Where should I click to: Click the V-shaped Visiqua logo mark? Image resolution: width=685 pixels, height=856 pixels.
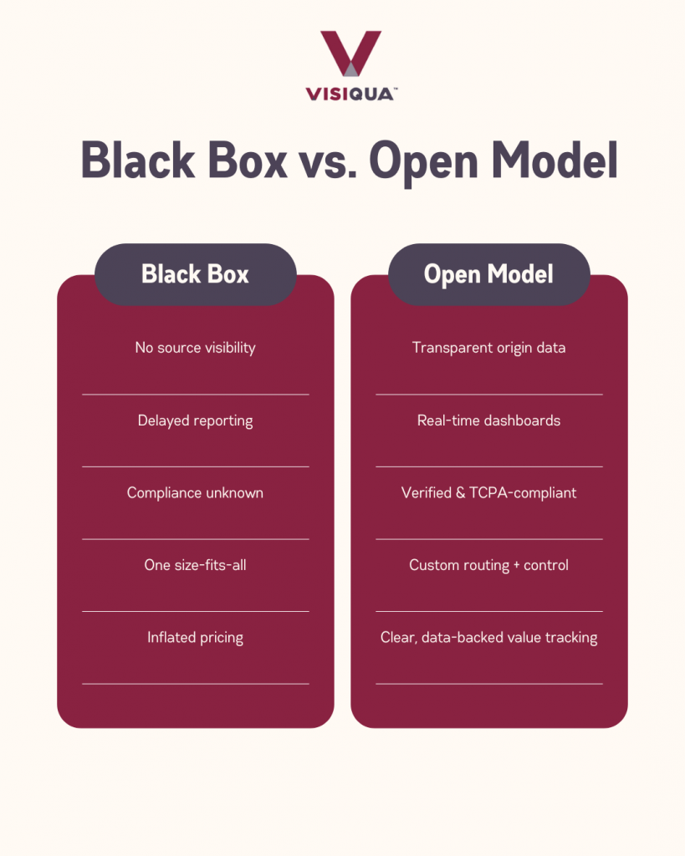[350, 53]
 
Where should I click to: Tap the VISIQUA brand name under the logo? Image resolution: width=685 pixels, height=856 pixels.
[351, 94]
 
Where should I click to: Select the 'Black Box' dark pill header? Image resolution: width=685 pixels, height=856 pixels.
[196, 274]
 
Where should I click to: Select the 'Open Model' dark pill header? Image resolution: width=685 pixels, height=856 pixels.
[489, 274]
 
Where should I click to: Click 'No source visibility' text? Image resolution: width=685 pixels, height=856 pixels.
[195, 348]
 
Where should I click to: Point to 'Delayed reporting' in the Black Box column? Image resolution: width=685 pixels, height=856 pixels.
[195, 421]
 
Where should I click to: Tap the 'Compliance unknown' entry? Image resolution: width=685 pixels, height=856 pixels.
[195, 493]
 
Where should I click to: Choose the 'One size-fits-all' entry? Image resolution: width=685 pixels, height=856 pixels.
[195, 565]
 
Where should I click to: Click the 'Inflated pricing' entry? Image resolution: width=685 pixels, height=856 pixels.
[195, 638]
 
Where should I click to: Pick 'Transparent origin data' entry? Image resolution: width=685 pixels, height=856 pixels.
[489, 348]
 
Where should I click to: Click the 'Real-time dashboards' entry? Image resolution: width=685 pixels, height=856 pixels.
[489, 420]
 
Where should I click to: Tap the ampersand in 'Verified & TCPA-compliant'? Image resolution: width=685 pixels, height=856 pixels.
[461, 493]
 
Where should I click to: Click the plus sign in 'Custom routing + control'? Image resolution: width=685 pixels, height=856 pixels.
[516, 566]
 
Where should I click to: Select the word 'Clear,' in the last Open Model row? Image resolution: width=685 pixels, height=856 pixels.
[399, 638]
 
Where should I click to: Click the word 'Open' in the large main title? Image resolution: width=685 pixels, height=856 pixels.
[423, 162]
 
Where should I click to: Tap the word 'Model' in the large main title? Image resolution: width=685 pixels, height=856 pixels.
[555, 160]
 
